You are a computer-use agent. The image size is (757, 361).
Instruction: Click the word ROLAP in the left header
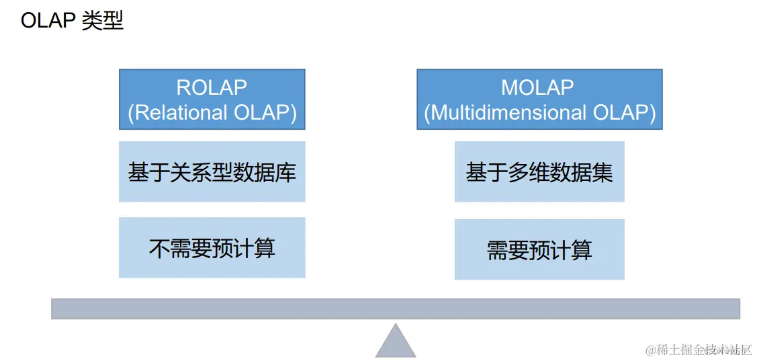click(x=212, y=87)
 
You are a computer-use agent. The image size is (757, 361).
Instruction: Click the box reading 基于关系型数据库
click(x=212, y=171)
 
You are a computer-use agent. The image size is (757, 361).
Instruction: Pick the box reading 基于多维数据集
click(x=539, y=171)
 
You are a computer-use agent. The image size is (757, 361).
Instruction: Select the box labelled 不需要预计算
click(x=212, y=248)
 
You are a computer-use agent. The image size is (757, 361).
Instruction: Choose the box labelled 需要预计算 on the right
click(x=539, y=250)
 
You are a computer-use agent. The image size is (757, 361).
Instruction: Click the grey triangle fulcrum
click(x=396, y=342)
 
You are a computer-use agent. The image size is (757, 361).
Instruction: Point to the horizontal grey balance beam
click(x=396, y=309)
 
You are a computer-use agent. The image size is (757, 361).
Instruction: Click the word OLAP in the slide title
click(x=47, y=21)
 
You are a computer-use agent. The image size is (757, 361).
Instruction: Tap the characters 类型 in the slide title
click(x=102, y=21)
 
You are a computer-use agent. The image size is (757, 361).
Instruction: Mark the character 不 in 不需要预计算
click(x=159, y=248)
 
